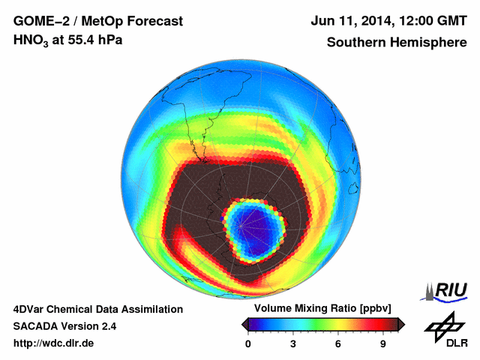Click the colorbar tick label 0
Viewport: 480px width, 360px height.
pyautogui.click(x=248, y=344)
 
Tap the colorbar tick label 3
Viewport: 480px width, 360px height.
pyautogui.click(x=293, y=344)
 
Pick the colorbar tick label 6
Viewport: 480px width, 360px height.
pyautogui.click(x=338, y=344)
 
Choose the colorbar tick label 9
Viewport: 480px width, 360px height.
pyautogui.click(x=382, y=344)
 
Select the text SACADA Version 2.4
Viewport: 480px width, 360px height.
pyautogui.click(x=64, y=326)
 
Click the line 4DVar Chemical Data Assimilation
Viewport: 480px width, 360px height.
pyautogui.click(x=97, y=309)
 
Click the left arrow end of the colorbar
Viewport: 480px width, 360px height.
pyautogui.click(x=244, y=324)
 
